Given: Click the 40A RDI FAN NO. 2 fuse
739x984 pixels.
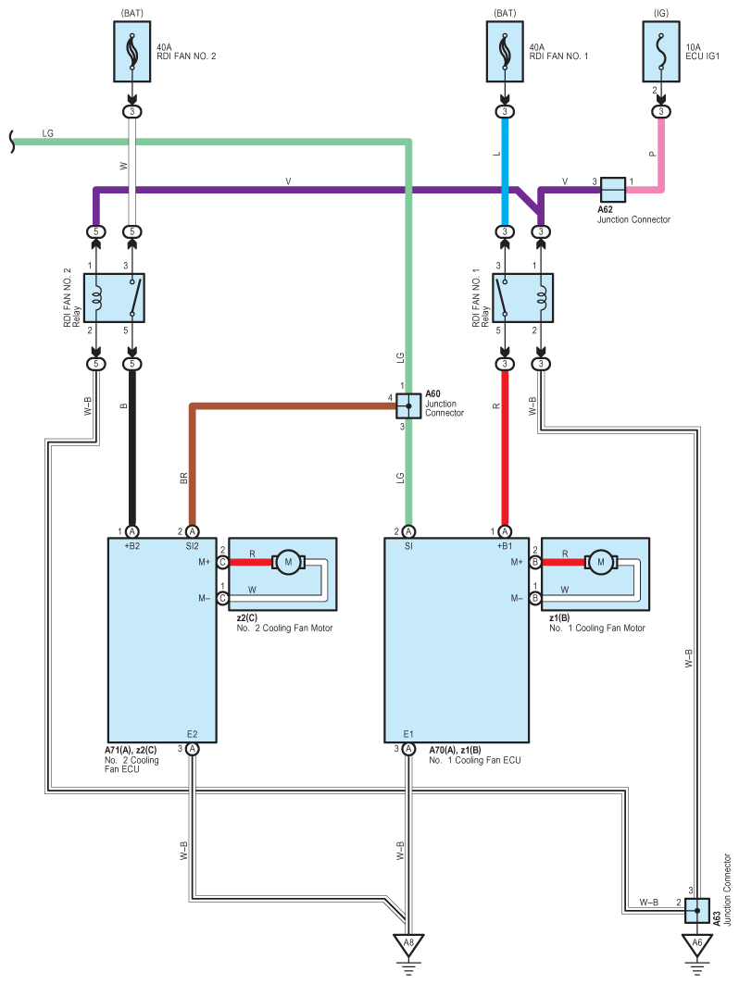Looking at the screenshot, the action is [x=132, y=52].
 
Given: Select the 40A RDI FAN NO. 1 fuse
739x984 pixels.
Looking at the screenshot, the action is [x=505, y=52].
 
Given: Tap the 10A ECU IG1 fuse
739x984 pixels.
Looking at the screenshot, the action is [x=661, y=52].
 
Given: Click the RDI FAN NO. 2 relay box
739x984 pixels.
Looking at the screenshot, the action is [x=114, y=298].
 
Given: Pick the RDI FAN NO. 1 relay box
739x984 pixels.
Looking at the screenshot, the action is [x=523, y=298].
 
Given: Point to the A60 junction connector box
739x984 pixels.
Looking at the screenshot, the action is [x=408, y=406].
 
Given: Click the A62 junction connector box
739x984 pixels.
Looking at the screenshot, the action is [x=613, y=190].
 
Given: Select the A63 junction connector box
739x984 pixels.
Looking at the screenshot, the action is [x=697, y=911].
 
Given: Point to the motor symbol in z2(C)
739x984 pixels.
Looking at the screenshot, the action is [x=288, y=562].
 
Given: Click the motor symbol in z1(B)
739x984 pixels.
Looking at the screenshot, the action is [x=601, y=562].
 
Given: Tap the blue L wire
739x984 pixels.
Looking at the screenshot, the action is [x=505, y=171].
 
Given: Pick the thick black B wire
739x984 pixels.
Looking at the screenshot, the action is [x=132, y=448].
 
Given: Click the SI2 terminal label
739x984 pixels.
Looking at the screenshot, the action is [x=192, y=546].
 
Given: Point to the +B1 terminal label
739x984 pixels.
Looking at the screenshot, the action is [x=505, y=546].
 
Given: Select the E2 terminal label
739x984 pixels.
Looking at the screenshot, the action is [x=192, y=734].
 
